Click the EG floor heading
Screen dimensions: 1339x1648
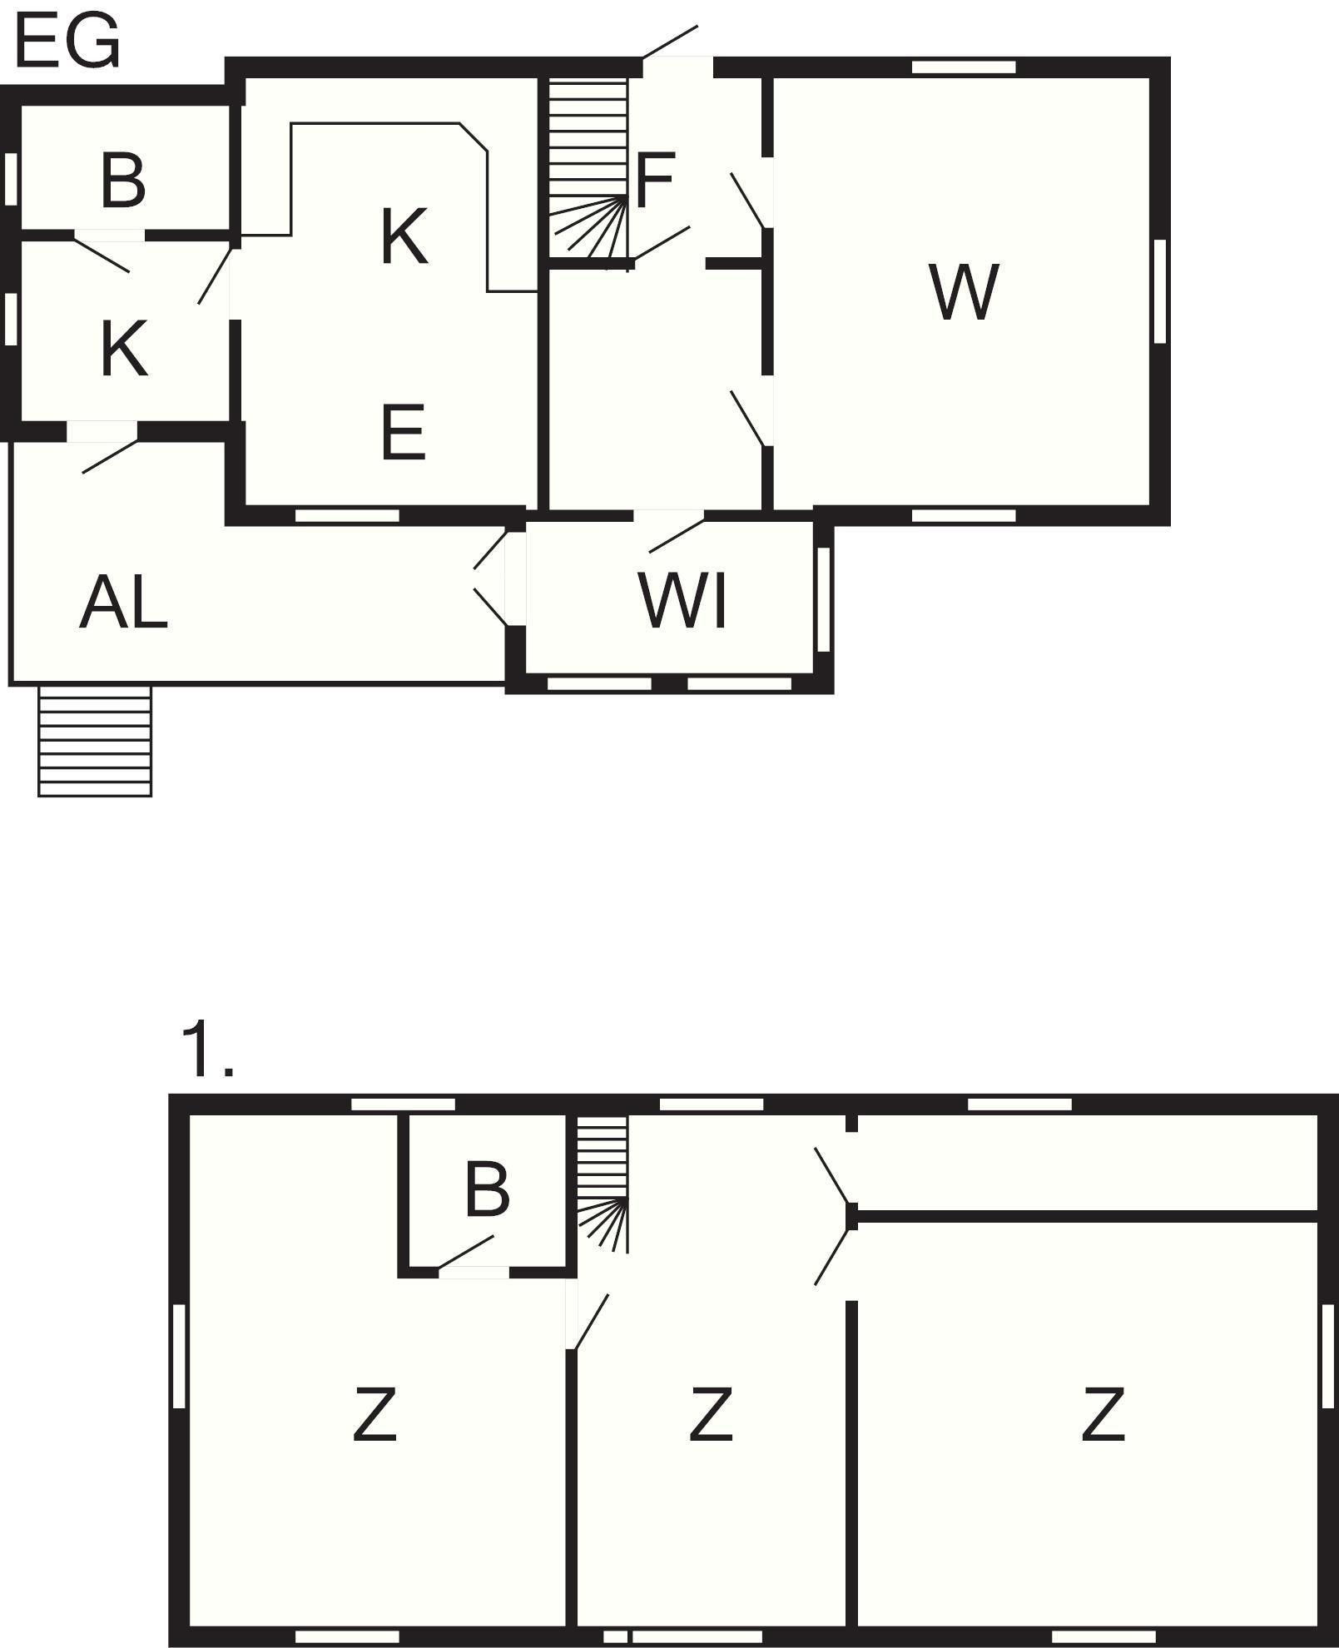point(67,42)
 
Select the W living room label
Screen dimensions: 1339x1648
point(964,292)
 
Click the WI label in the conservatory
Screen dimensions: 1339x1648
point(683,600)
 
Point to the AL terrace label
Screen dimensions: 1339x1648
point(123,601)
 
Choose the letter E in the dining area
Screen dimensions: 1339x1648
point(404,432)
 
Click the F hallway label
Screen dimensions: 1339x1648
point(654,181)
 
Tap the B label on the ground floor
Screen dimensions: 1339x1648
point(123,180)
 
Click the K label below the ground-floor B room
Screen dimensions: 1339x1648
point(125,349)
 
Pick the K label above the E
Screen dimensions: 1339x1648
point(404,237)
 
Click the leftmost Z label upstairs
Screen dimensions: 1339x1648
point(374,1413)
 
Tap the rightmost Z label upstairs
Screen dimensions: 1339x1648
point(1103,1413)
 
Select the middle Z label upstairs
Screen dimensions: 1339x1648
point(712,1413)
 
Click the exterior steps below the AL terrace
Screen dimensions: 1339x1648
point(95,741)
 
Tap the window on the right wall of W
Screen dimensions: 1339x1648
point(1160,290)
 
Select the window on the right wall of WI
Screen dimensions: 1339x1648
point(823,599)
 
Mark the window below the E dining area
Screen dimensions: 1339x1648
point(347,515)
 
